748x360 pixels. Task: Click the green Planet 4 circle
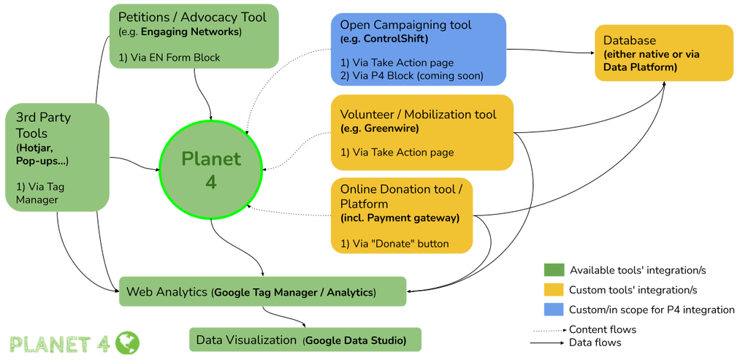click(x=211, y=170)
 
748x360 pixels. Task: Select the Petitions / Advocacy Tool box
click(x=194, y=36)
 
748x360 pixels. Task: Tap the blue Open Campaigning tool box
click(x=419, y=50)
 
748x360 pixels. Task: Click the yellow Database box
click(x=663, y=53)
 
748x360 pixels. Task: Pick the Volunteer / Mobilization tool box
click(x=422, y=132)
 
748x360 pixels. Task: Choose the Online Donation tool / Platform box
click(x=402, y=215)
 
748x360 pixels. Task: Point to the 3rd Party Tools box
click(x=57, y=157)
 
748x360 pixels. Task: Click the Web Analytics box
click(x=262, y=291)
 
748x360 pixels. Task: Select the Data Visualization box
click(x=305, y=340)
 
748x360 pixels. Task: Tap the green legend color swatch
click(x=554, y=270)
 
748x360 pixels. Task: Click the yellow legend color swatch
click(x=554, y=289)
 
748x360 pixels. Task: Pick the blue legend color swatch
click(x=554, y=310)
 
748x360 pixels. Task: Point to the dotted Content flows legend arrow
click(x=549, y=330)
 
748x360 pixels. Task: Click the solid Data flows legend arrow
click(x=549, y=342)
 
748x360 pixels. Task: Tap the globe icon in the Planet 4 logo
click(x=127, y=342)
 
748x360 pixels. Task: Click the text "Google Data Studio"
click(x=356, y=340)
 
